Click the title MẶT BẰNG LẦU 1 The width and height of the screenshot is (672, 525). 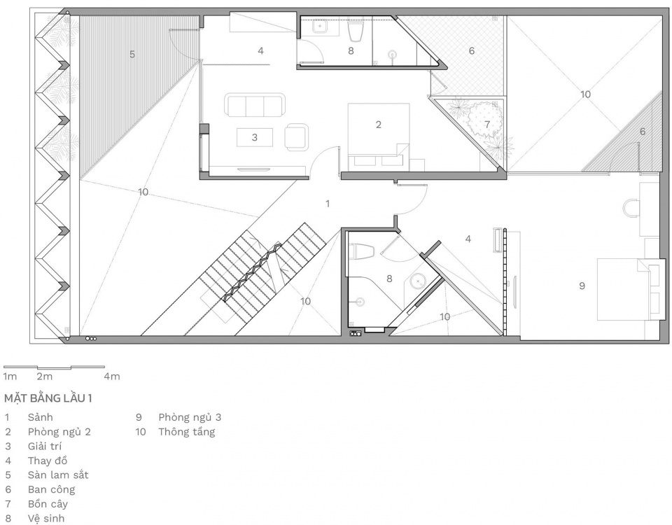(48, 398)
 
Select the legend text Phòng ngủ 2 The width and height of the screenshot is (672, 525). (59, 432)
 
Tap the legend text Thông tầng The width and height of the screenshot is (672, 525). (186, 432)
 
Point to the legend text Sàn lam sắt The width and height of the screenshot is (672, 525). (58, 475)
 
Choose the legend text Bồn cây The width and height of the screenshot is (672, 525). (48, 504)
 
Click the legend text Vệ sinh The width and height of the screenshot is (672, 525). (46, 519)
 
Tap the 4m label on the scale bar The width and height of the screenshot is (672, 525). (112, 377)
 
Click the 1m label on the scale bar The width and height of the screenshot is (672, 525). (10, 377)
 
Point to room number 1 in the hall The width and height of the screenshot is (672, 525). (328, 204)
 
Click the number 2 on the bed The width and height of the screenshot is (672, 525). (379, 125)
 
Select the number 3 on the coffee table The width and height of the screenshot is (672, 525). (255, 138)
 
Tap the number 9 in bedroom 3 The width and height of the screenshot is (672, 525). (582, 286)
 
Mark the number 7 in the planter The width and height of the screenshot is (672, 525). (487, 125)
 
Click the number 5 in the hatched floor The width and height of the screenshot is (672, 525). (132, 55)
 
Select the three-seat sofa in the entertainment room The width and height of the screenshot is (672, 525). (255, 105)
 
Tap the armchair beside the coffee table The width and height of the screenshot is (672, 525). (296, 137)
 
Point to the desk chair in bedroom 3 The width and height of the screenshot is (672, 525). (631, 209)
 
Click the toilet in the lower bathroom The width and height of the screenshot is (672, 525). (362, 251)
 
